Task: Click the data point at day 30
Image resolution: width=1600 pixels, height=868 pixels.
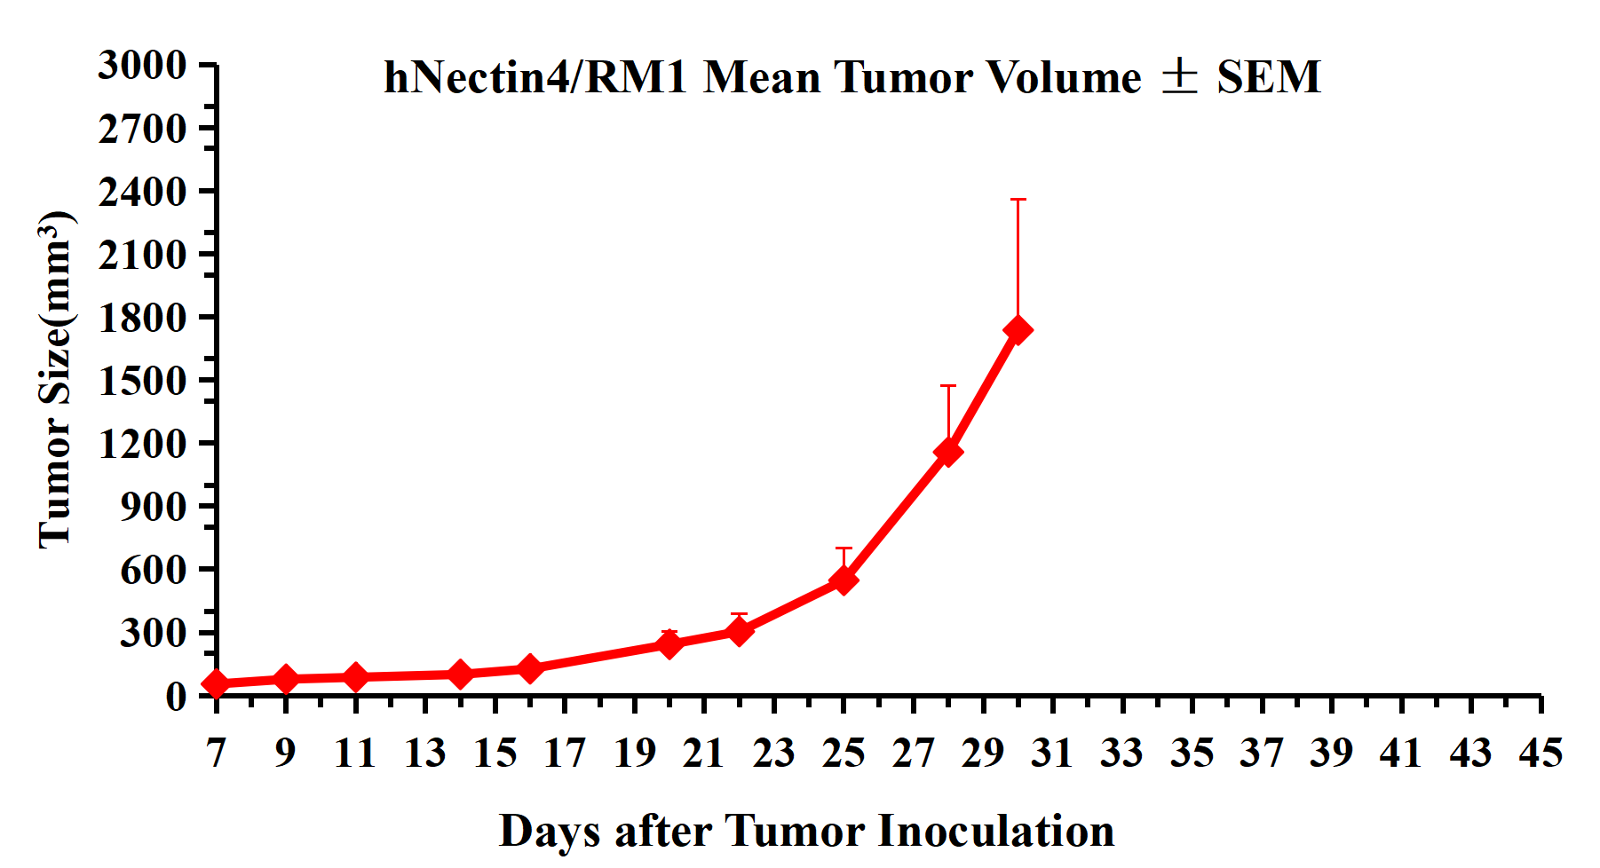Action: [x=1018, y=330]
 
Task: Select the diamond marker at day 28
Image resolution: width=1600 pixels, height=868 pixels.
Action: [x=948, y=452]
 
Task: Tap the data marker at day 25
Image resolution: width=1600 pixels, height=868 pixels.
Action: [x=844, y=580]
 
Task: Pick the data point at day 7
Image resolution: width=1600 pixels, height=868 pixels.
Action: [x=216, y=683]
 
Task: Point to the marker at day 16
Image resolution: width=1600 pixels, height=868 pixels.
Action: [x=529, y=668]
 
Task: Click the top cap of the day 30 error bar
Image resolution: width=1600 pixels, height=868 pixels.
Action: [x=1018, y=200]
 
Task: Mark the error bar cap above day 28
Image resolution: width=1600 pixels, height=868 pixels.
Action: [x=948, y=386]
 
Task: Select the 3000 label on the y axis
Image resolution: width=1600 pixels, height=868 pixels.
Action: [x=142, y=66]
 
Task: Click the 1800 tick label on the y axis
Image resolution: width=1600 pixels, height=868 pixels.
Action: [x=142, y=318]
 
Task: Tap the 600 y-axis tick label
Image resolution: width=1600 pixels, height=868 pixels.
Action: [x=154, y=570]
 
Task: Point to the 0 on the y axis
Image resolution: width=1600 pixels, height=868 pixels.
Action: [x=176, y=696]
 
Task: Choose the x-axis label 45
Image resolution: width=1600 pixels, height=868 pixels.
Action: [x=1541, y=754]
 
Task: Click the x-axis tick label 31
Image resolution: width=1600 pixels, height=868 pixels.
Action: [x=1052, y=754]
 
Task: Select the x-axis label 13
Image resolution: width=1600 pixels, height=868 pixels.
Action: [x=424, y=754]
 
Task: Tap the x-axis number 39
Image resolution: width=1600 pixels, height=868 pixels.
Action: [x=1331, y=754]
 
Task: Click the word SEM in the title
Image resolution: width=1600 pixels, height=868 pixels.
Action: [x=1269, y=77]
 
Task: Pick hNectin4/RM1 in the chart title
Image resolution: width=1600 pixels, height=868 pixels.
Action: [x=535, y=77]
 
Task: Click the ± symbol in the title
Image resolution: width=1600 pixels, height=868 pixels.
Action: [x=1179, y=77]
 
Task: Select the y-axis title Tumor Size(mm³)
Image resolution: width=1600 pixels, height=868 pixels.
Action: [x=55, y=380]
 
